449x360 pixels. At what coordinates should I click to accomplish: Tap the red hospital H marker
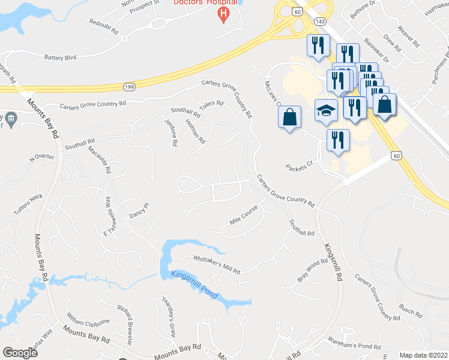pos(223,14)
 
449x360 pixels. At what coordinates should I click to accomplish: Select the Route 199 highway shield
pos(128,88)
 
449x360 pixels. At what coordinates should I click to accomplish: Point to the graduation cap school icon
pos(326,110)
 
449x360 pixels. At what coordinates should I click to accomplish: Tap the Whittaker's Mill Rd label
pos(216,263)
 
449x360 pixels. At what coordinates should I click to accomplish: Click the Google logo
pos(20,353)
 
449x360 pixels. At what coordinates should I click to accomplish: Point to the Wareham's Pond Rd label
pos(354,345)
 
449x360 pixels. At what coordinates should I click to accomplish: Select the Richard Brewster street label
pos(125,323)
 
